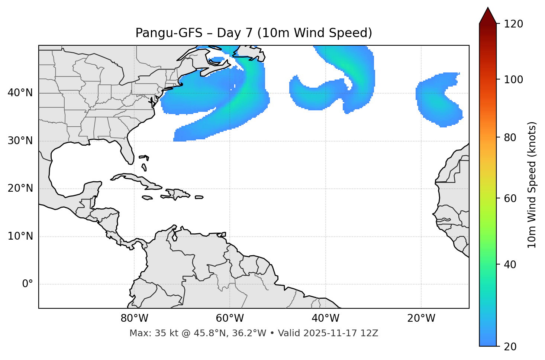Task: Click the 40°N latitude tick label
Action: coord(20,93)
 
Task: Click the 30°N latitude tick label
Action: coord(20,141)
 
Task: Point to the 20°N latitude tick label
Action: coord(20,188)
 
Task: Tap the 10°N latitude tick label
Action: coord(20,236)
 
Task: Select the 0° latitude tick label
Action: coord(28,284)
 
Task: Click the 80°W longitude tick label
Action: coord(134,318)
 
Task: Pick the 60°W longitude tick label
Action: coord(230,318)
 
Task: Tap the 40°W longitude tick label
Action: coord(325,318)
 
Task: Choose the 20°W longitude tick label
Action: coord(421,318)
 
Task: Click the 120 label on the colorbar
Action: coord(514,24)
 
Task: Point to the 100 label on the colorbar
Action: coord(514,80)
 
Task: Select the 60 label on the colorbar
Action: coord(510,198)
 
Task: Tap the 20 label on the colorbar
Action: coord(510,347)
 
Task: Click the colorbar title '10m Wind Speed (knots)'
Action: coord(532,185)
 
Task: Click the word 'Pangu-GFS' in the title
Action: coord(169,33)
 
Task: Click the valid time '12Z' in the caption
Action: coord(370,333)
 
